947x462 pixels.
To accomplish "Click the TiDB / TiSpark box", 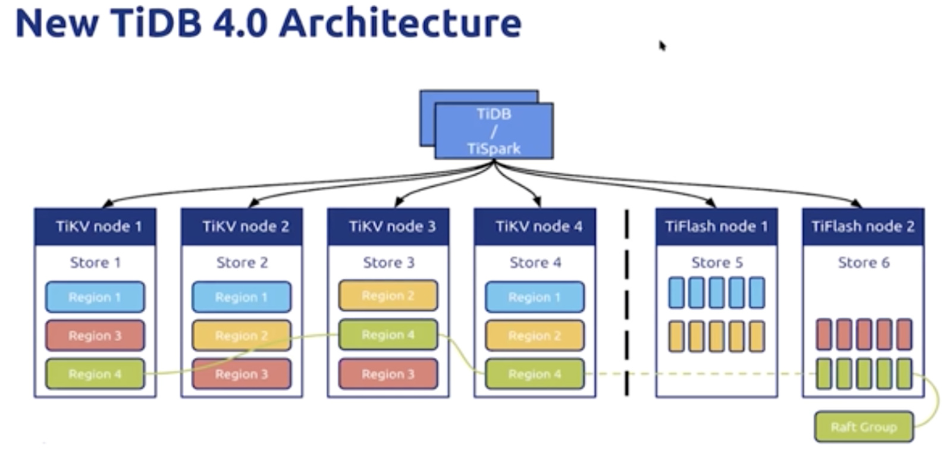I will pos(494,131).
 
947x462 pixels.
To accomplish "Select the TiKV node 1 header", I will pos(95,227).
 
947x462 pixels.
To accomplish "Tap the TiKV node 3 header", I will pos(388,227).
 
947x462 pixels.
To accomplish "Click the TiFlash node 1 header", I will pos(716,227).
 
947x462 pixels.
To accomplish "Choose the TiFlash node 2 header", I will pos(863,227).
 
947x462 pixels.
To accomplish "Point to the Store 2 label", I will pos(242,263).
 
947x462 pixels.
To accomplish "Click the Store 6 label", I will pos(864,263).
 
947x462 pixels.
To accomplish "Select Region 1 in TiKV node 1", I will pos(95,297).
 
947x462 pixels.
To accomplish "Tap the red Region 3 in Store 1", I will pos(95,336).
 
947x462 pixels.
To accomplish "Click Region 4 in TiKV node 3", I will pos(388,335).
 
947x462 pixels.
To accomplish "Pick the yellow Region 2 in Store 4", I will pos(535,336).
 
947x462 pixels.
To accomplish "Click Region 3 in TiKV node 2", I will pos(242,374).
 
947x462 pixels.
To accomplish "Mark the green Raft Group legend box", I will pos(864,427).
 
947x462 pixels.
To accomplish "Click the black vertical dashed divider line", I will pos(626,304).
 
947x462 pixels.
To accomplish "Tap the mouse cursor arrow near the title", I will pos(662,45).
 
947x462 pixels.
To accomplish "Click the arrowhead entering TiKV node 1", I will pos(108,204).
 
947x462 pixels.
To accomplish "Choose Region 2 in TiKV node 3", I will pos(388,296).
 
